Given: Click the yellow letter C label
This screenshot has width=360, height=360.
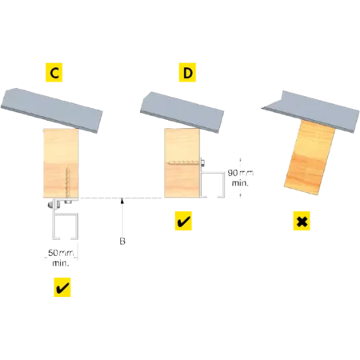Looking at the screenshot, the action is point(54,72).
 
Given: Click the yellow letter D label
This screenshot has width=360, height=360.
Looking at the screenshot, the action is point(187,72).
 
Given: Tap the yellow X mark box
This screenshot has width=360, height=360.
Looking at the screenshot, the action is point(302,221).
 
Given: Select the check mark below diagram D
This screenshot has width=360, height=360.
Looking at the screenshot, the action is point(183,221).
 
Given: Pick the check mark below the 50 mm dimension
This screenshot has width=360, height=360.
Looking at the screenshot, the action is point(62,287).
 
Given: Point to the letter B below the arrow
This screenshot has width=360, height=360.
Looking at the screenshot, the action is point(122,241).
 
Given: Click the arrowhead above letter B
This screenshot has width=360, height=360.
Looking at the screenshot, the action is point(122,201).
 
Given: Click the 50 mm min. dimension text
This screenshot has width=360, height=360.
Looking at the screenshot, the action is point(61,258).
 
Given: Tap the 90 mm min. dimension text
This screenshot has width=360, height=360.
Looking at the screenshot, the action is point(240,178).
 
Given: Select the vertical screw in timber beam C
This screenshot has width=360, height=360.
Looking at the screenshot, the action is point(67,182).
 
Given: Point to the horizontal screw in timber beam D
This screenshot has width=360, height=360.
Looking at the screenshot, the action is point(184,162).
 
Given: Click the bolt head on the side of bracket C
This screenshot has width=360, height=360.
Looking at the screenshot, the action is point(50,205).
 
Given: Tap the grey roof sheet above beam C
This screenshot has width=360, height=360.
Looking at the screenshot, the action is point(52,110).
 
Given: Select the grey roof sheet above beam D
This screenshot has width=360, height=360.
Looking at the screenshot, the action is point(182,112).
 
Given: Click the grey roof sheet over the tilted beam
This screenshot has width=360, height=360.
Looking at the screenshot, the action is point(310,111).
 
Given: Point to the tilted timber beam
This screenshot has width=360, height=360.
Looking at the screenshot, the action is point(310,158).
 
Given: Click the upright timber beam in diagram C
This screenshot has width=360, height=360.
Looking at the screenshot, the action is point(61,163).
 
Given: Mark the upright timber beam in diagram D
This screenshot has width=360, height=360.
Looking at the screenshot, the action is point(182,163).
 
